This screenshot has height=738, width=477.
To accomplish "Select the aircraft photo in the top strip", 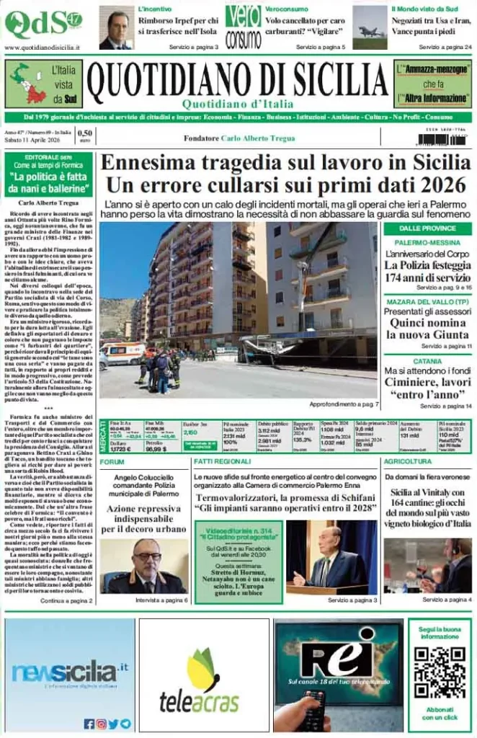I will pyautogui.click(x=370, y=27).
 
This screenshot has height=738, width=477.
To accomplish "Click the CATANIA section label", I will pyautogui.click(x=427, y=360).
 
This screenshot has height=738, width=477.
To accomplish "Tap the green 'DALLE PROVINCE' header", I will pyautogui.click(x=427, y=228).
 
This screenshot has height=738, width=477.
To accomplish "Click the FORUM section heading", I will pyautogui.click(x=112, y=461).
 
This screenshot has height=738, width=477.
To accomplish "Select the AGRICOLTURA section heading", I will pyautogui.click(x=408, y=461).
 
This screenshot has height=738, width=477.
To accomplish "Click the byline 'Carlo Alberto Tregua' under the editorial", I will pyautogui.click(x=48, y=203).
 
